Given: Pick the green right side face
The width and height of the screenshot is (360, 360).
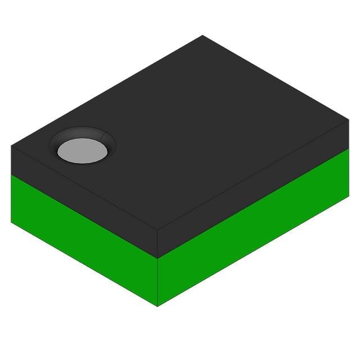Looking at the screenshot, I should point(253,236).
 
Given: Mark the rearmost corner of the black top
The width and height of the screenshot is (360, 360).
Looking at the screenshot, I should point(202,35).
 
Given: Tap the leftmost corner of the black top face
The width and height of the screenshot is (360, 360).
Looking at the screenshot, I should point(11,146).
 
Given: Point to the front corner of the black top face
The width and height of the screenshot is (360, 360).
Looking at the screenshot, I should point(157,230).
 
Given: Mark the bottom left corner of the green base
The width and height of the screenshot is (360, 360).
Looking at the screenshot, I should point(11,222).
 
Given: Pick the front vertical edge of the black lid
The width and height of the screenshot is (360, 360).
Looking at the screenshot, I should point(157,244).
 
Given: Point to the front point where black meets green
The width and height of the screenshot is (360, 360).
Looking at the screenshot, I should point(157,259).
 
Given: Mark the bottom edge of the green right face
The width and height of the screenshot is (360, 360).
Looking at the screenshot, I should point(253,251).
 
